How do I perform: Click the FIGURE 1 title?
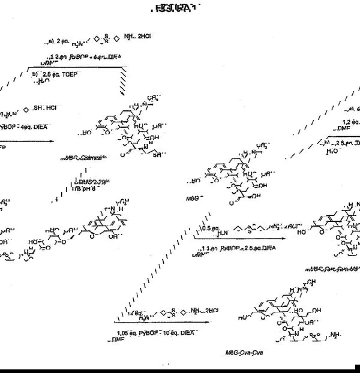[x=175, y=8]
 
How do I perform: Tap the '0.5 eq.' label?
[x=207, y=228]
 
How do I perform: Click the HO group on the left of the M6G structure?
[x=195, y=181]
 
